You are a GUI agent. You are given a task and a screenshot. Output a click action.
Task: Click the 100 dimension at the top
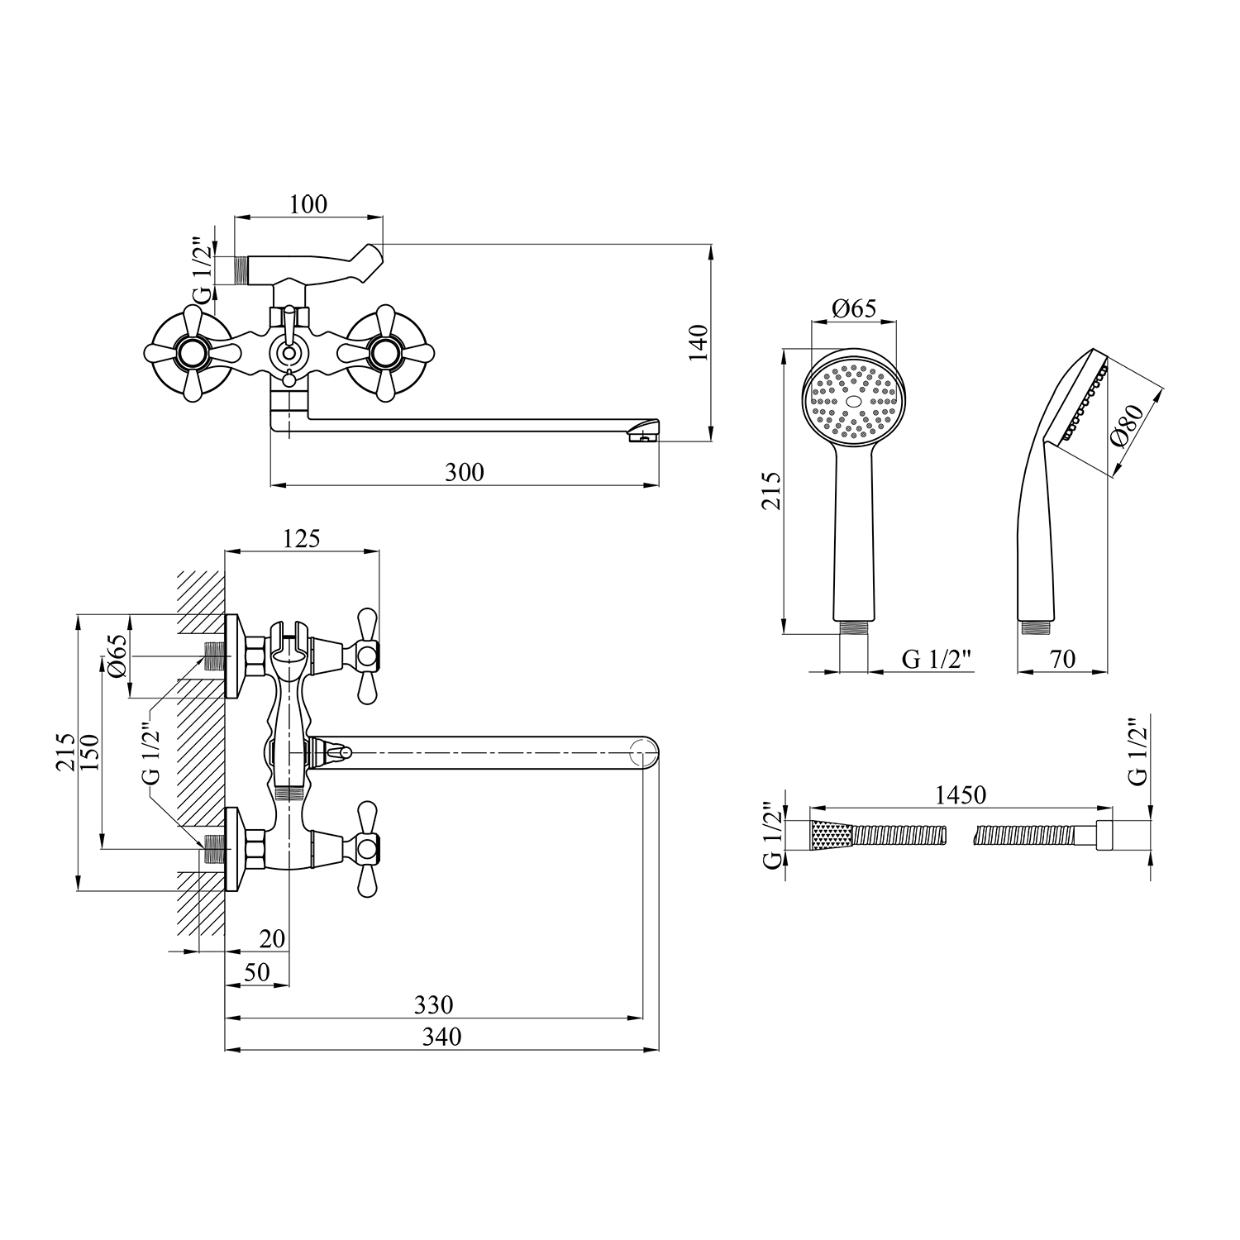tap(309, 203)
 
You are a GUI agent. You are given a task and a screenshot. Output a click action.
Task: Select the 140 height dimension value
tap(699, 342)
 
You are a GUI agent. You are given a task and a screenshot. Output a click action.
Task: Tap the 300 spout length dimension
tap(465, 472)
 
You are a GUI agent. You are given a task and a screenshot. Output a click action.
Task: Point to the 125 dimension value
tap(301, 538)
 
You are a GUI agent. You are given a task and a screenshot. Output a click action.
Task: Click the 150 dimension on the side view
tap(90, 751)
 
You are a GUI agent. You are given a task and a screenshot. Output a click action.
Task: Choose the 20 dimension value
tap(272, 938)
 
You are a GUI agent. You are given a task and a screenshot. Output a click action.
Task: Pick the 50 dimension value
tap(257, 972)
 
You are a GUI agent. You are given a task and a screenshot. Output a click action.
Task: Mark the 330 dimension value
tap(434, 1004)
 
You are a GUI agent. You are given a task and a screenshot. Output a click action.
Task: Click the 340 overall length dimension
tap(441, 1036)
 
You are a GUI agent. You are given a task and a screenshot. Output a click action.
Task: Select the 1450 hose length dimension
tap(961, 794)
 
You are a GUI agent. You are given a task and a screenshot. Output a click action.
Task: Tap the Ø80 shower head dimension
tap(1129, 425)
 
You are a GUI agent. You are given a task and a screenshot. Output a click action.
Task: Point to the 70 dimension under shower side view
tap(1063, 659)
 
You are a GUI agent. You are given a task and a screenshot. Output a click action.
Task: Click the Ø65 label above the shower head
tap(854, 308)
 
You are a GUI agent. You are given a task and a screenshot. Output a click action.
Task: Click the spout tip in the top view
tap(644, 432)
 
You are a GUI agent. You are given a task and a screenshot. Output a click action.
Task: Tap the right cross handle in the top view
tap(384, 354)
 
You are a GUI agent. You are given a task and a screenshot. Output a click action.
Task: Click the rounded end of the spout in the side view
tap(646, 751)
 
